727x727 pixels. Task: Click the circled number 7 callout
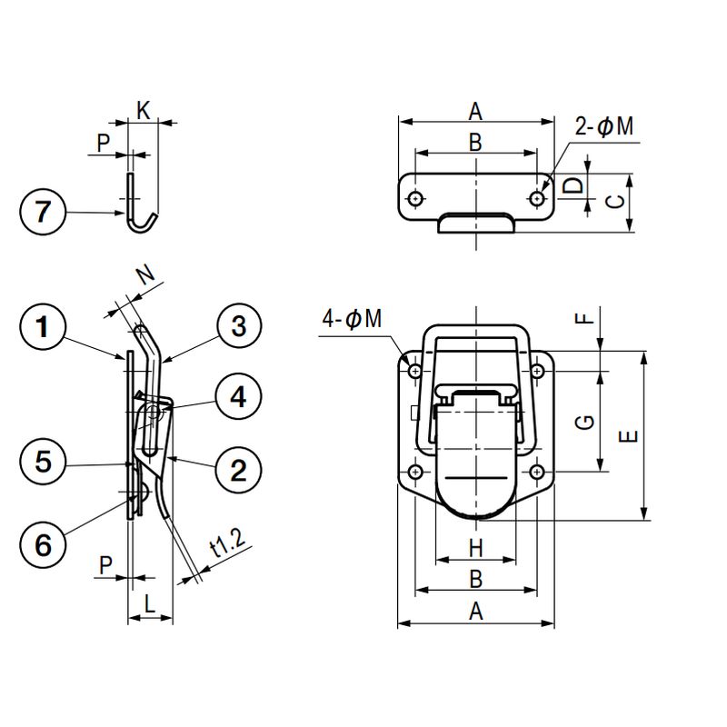tap(43, 212)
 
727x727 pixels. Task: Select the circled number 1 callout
tap(43, 327)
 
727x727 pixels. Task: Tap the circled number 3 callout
tap(239, 326)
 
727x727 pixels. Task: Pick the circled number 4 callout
tap(239, 397)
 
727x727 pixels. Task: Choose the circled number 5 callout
tap(43, 462)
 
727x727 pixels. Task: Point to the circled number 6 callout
tap(43, 544)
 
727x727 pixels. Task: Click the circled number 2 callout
tap(239, 471)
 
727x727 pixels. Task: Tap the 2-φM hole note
tap(604, 126)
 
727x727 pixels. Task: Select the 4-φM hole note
tap(352, 319)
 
